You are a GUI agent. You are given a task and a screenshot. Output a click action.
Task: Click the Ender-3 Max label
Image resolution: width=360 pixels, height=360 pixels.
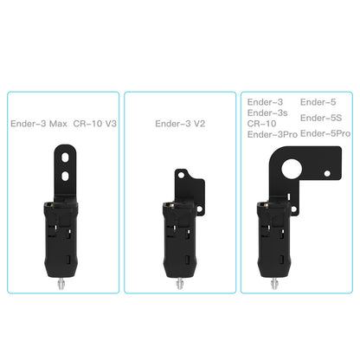38,124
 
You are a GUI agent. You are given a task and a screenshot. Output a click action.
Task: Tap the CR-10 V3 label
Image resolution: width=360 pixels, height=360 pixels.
95,124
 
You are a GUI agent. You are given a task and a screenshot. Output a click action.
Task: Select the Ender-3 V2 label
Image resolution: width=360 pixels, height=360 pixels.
180,124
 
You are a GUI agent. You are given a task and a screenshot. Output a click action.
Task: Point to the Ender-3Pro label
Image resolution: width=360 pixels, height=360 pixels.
273,134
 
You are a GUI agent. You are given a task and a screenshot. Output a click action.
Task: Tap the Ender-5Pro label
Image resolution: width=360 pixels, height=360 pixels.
325,133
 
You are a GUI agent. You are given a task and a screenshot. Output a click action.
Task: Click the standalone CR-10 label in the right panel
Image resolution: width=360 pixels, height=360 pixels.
261,123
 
